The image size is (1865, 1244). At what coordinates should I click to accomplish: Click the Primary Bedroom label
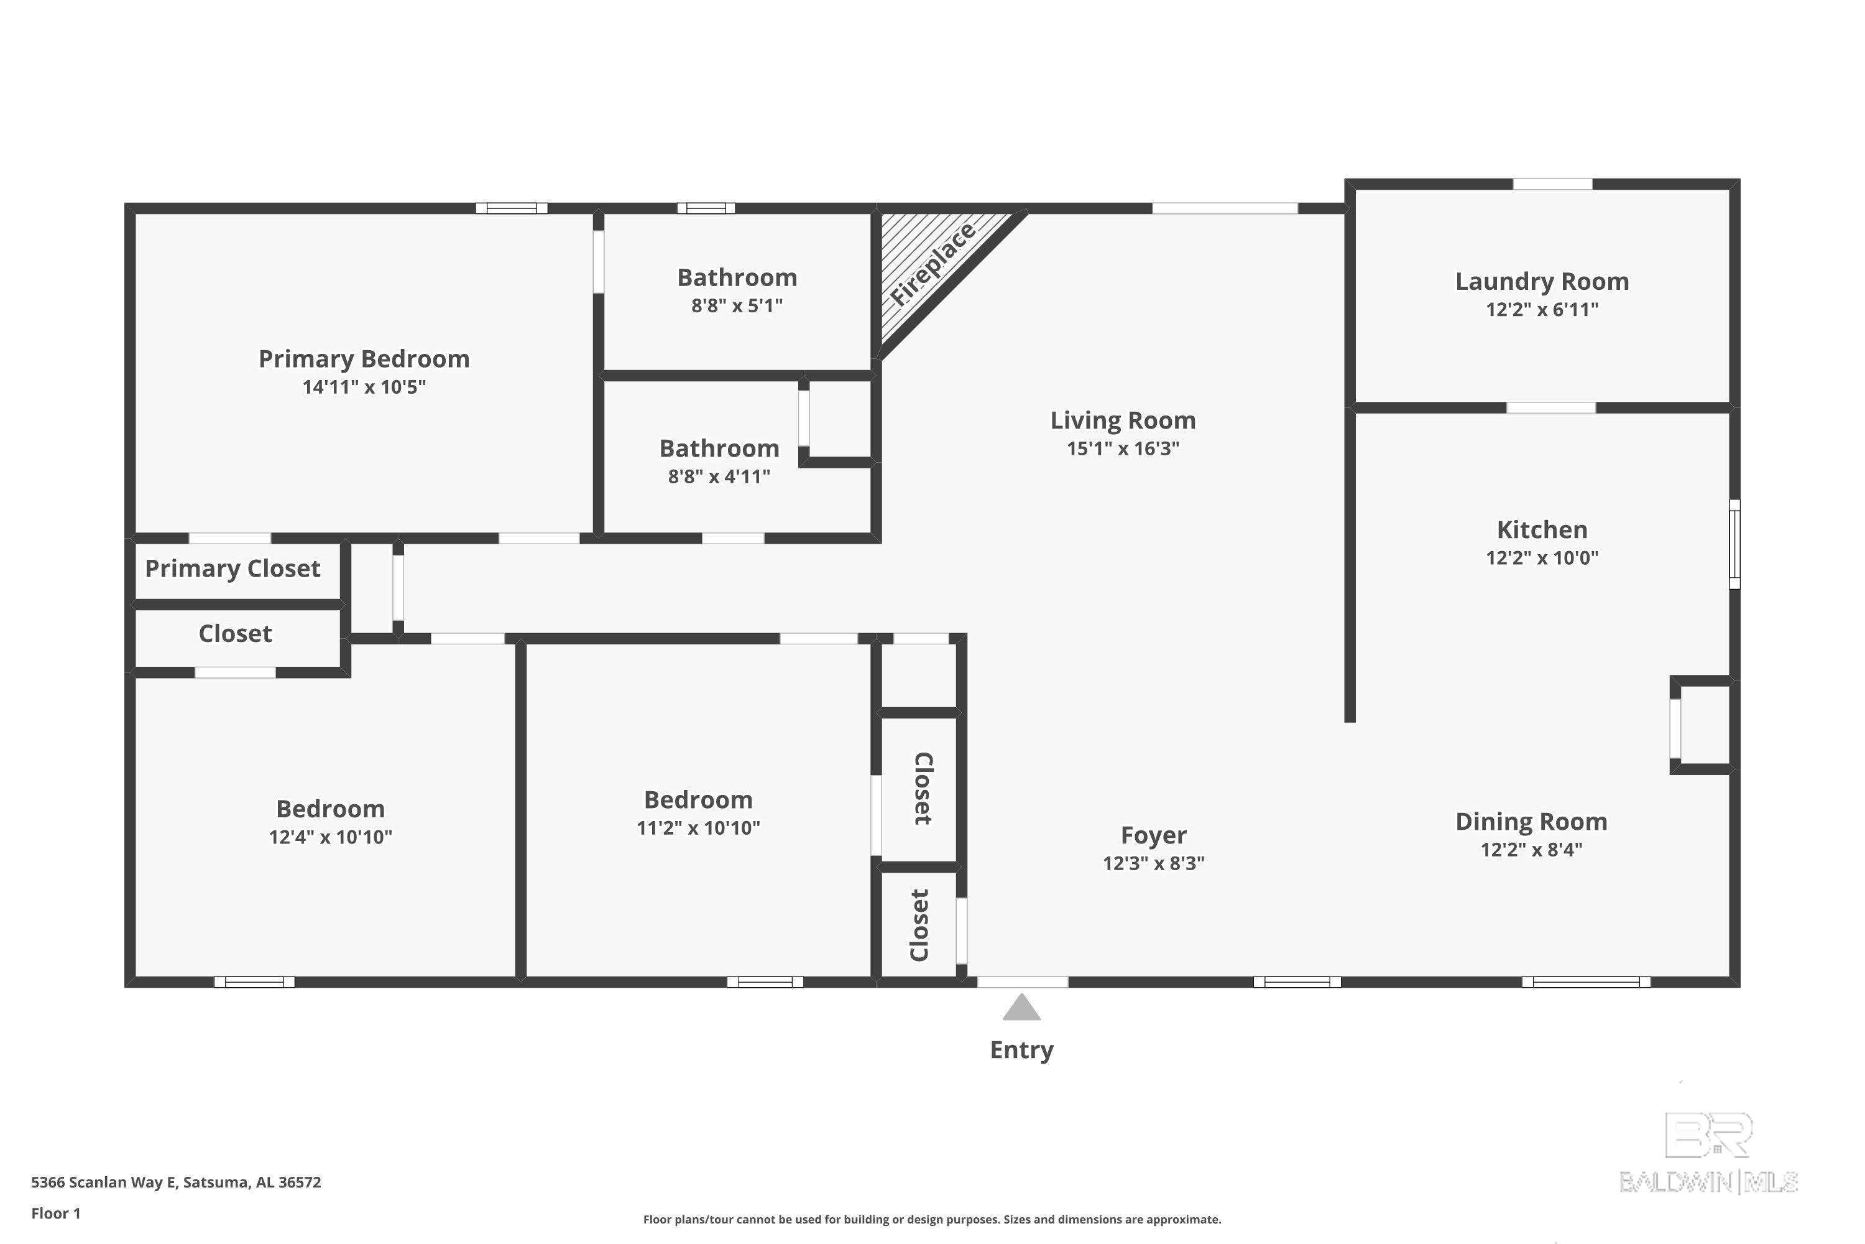point(364,359)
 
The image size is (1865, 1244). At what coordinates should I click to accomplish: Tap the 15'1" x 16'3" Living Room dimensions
point(1123,448)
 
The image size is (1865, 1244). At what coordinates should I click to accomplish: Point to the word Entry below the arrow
point(1021,1050)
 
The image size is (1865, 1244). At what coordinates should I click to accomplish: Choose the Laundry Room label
point(1542,281)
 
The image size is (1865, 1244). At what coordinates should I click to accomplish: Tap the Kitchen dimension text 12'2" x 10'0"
point(1542,558)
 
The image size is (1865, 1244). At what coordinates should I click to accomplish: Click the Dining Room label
point(1531,821)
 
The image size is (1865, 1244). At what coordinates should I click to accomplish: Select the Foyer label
point(1153,835)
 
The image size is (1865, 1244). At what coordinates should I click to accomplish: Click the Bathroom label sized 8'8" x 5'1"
point(737,277)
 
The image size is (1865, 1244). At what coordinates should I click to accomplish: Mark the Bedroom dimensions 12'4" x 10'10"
point(330,837)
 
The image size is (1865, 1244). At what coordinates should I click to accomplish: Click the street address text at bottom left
point(176,1182)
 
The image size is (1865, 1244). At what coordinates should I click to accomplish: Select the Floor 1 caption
point(55,1213)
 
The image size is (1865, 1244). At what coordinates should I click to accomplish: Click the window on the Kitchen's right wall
point(1734,544)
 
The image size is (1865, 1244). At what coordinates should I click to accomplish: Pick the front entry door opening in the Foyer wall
point(1022,982)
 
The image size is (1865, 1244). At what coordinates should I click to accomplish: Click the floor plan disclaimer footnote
point(932,1219)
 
